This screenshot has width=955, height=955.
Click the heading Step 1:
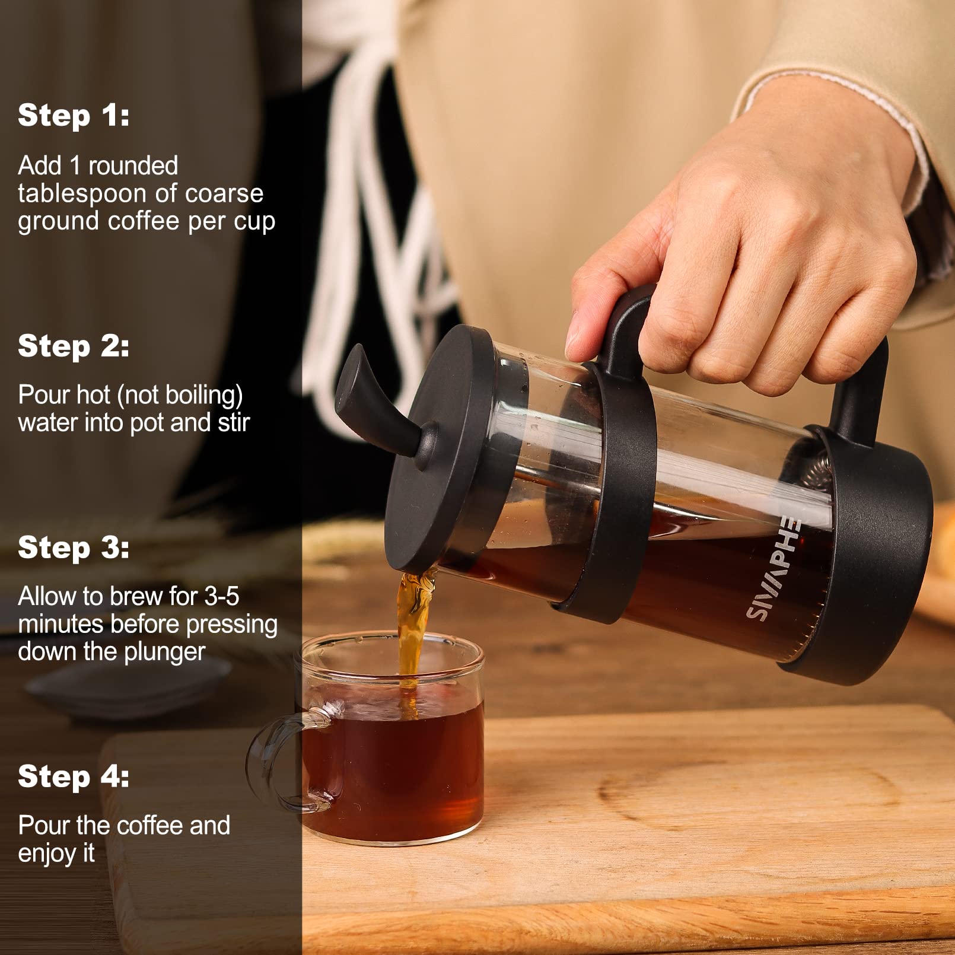click(74, 115)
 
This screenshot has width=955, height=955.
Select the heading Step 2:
click(74, 346)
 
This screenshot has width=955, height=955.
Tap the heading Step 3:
click(74, 547)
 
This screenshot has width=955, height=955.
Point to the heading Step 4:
click(74, 776)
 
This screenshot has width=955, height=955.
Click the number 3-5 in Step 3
click(221, 597)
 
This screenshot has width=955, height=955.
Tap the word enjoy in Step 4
click(47, 854)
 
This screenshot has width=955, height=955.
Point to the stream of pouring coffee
click(411, 629)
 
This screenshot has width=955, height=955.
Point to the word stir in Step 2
click(233, 423)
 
